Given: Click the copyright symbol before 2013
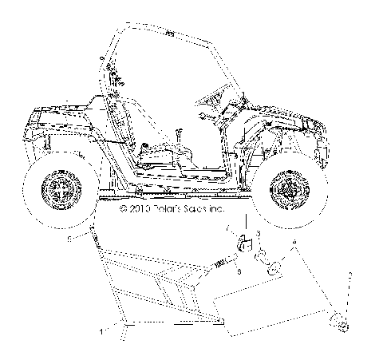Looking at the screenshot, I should pyautogui.click(x=122, y=211).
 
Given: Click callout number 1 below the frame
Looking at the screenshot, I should pyautogui.click(x=102, y=330).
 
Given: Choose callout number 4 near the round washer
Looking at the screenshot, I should pyautogui.click(x=294, y=240).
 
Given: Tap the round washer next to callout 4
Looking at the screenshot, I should pyautogui.click(x=274, y=267).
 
